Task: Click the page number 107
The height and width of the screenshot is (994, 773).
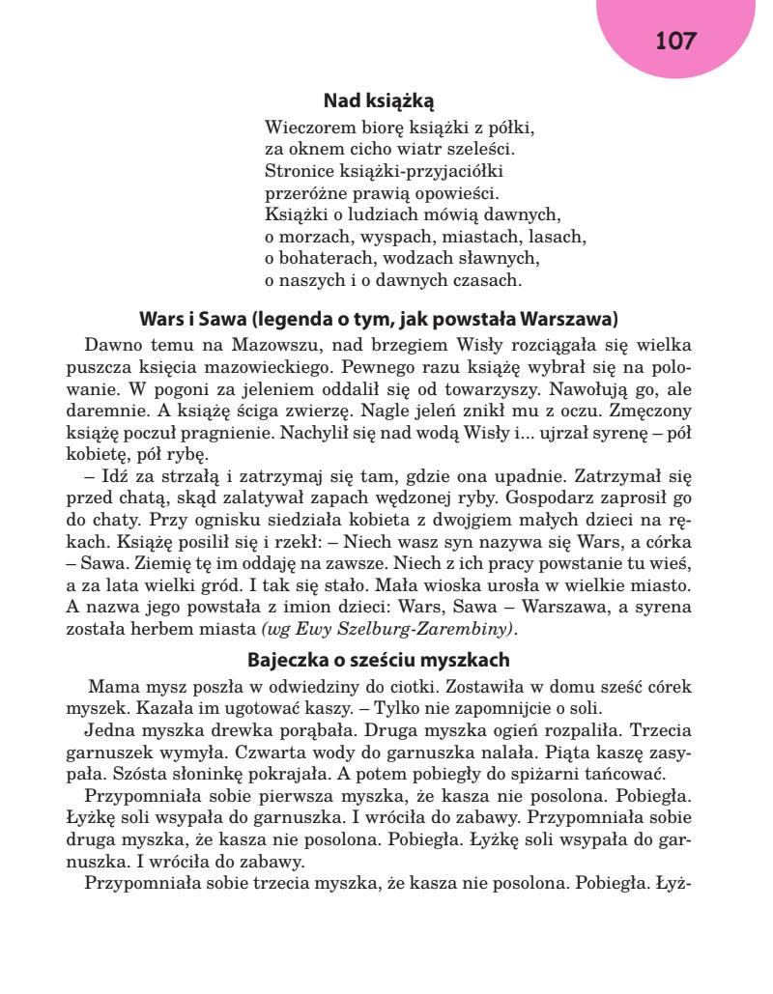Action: [x=676, y=41]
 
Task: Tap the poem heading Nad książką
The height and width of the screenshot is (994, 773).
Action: [x=386, y=99]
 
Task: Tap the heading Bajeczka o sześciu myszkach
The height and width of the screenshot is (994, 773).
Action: [x=386, y=662]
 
